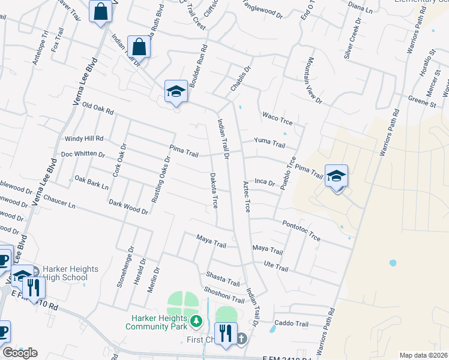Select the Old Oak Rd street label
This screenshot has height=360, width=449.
point(98,108)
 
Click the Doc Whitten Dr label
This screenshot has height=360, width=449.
point(83,154)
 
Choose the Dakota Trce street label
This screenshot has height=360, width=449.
point(214,191)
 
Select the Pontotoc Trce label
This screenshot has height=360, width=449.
point(301,230)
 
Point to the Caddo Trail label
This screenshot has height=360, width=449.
point(291,324)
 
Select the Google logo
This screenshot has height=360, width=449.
point(20,353)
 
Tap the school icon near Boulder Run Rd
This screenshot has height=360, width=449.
point(176,91)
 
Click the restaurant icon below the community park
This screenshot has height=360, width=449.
point(226,333)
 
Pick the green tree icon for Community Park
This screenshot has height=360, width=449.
point(195,323)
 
